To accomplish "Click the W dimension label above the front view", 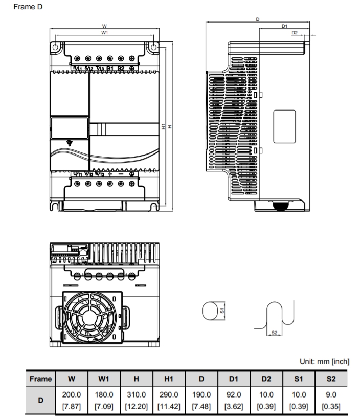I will (x=104, y=26).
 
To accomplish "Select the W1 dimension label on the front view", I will (x=104, y=32).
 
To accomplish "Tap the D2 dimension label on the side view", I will (x=294, y=32).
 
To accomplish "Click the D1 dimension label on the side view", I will (x=285, y=25).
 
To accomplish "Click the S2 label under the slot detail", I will (x=274, y=333).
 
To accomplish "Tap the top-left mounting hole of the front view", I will (x=55, y=46).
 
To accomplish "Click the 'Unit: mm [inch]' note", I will (x=324, y=361).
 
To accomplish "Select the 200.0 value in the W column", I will (x=72, y=395).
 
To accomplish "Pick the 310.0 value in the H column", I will (x=137, y=395).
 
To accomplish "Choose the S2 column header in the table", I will (x=331, y=379).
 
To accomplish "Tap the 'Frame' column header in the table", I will (x=40, y=379).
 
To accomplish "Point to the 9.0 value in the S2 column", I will (x=331, y=395).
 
